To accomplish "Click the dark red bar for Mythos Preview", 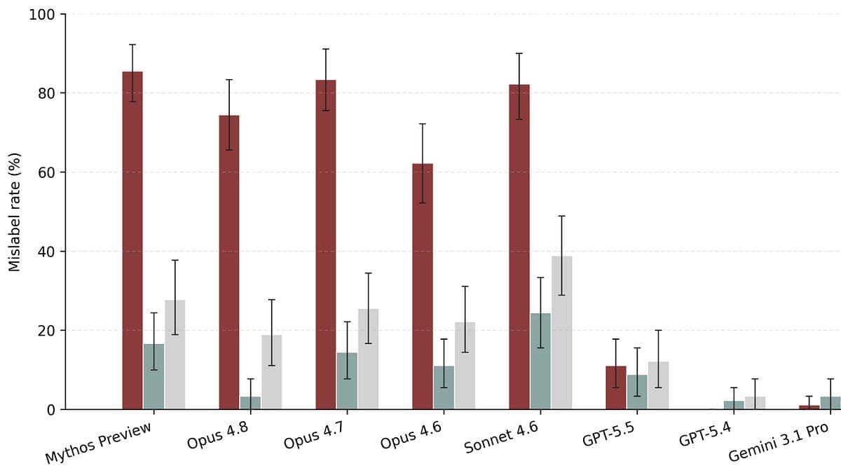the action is click(x=132, y=240).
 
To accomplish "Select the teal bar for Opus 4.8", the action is click(x=250, y=403).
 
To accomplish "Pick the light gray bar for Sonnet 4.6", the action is click(x=561, y=333).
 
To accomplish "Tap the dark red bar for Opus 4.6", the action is click(x=423, y=287).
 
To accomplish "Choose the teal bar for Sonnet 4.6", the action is click(x=540, y=361).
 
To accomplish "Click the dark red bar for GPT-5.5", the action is click(x=616, y=388).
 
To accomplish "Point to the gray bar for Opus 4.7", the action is click(x=369, y=359).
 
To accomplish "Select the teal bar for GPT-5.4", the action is click(x=734, y=405).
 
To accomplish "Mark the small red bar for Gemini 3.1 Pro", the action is click(x=809, y=407).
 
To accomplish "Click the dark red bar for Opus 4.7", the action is click(x=326, y=245).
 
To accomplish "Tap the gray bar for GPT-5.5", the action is click(x=658, y=385).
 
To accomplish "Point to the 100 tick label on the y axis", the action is click(x=42, y=15).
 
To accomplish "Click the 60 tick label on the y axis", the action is click(x=46, y=172).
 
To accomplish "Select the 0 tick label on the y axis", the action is click(x=51, y=411).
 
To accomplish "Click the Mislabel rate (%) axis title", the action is click(x=14, y=212).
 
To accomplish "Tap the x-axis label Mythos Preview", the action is click(x=98, y=442).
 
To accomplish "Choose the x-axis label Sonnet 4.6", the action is click(x=501, y=437).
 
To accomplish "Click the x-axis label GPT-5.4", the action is click(x=706, y=434).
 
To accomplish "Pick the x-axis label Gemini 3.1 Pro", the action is click(x=779, y=442).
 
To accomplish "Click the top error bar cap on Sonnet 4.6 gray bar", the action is click(x=561, y=216).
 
